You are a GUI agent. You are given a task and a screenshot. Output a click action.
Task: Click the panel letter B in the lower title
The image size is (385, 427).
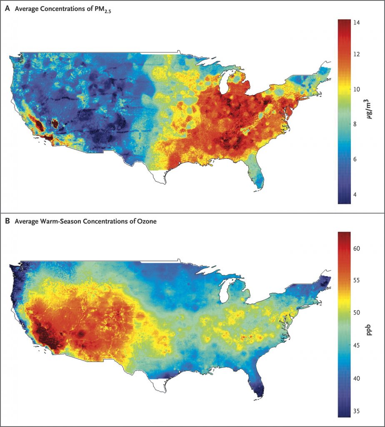coord(7,221)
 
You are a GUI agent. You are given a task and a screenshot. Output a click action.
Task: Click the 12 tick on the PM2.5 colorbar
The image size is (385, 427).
coord(357,54)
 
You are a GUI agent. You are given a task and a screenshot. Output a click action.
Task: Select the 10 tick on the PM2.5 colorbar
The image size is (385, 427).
coord(357,89)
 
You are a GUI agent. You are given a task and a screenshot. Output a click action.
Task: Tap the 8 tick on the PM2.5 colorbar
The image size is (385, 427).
coord(357,124)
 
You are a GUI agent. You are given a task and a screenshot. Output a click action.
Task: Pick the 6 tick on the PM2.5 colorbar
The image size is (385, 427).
coord(357,159)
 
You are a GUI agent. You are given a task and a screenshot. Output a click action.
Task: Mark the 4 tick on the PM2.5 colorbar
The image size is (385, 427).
coord(357,194)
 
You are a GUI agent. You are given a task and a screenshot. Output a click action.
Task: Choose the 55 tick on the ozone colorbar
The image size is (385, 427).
coord(357,281)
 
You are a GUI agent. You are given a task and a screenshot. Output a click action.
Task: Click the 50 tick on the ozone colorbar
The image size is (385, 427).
coord(357,313)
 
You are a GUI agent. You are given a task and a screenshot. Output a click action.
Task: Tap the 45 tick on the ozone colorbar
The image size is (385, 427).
coord(357,346)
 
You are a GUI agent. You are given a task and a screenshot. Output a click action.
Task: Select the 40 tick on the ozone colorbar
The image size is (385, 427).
coord(357,378)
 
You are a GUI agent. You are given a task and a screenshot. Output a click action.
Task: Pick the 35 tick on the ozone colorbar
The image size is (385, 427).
coord(357,411)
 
